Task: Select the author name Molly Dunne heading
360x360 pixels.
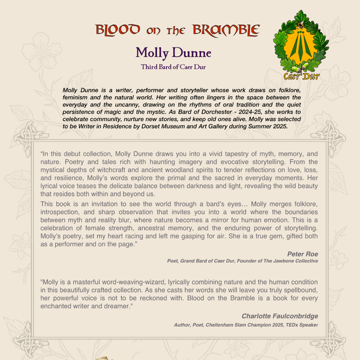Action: tap(173, 53)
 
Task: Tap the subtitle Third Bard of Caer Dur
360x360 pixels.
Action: tap(173, 66)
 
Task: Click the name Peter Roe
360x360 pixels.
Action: tap(303, 254)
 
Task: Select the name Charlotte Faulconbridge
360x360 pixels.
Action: tap(280, 316)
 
